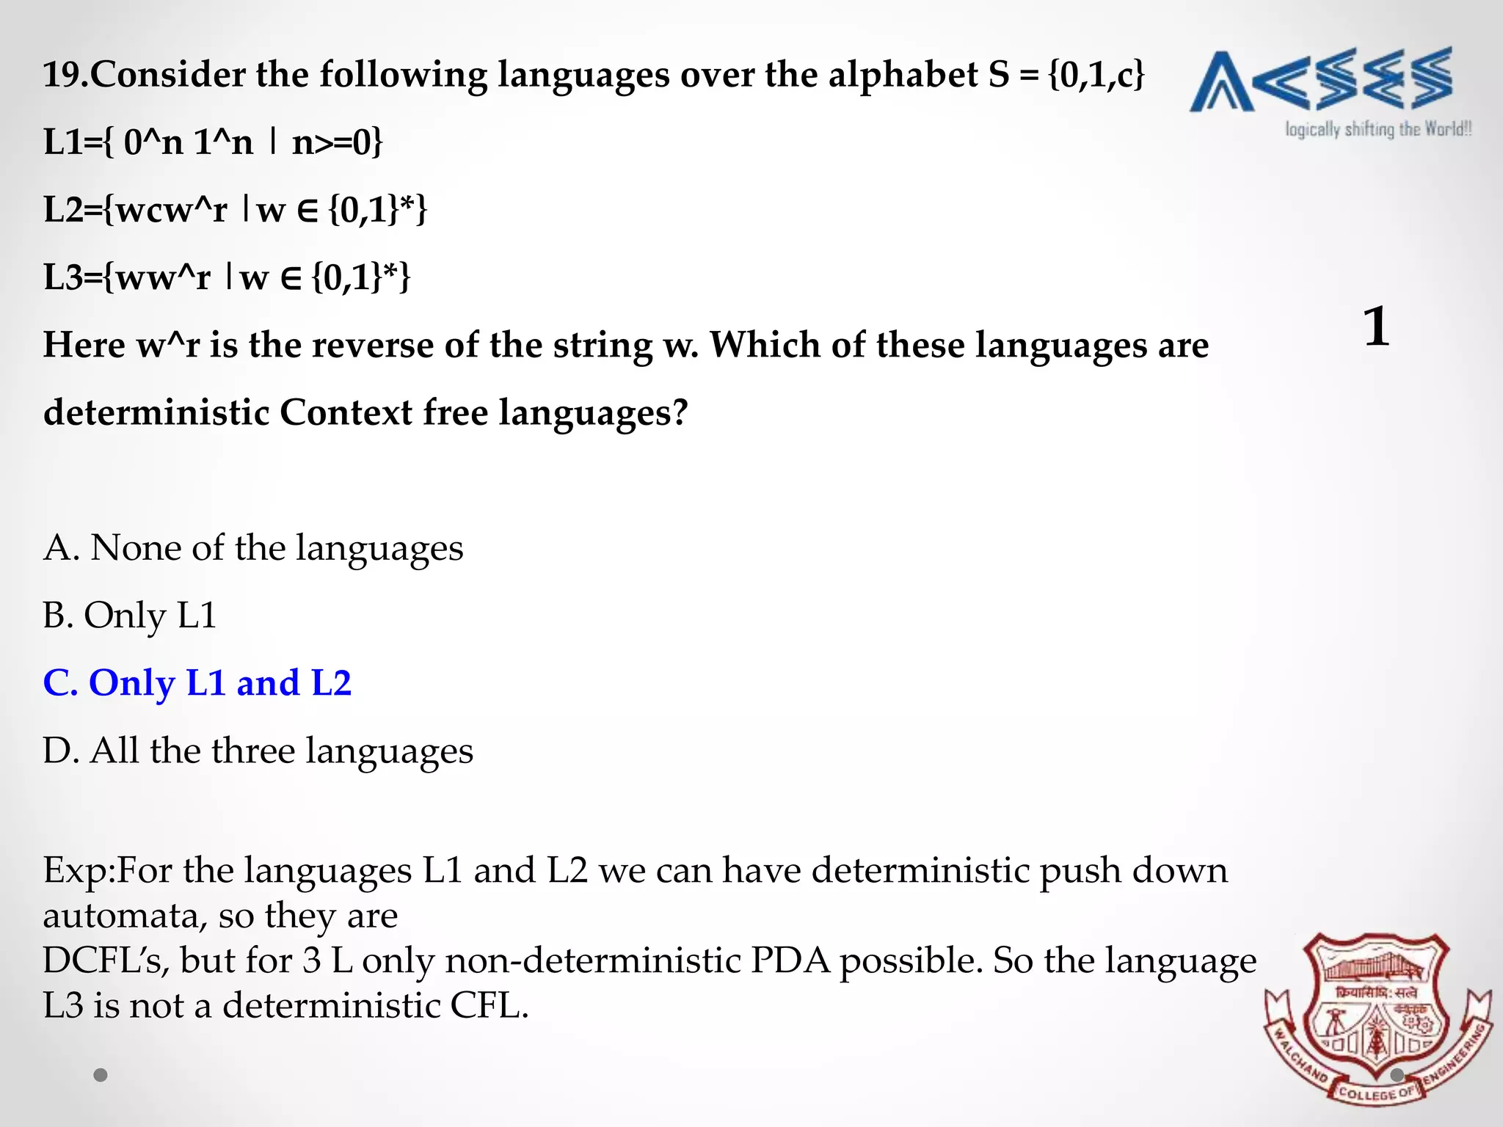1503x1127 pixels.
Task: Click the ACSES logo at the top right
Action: (1321, 80)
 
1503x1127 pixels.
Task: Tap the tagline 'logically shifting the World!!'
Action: (1378, 130)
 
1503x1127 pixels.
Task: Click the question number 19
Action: (65, 75)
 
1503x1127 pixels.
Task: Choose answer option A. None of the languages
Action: (253, 548)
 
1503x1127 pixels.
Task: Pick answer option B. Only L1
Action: (130, 616)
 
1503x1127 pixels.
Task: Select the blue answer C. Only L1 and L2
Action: (197, 683)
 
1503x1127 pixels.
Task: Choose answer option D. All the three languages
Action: (258, 751)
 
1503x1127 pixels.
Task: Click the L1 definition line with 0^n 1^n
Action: (213, 142)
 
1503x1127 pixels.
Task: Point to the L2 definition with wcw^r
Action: (235, 210)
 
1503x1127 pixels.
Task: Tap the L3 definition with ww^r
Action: (227, 277)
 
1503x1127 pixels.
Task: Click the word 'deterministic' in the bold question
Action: (156, 412)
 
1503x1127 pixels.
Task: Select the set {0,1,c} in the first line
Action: (1096, 75)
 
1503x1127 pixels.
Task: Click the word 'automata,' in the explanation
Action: (123, 916)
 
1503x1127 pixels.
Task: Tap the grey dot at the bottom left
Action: (101, 1075)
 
